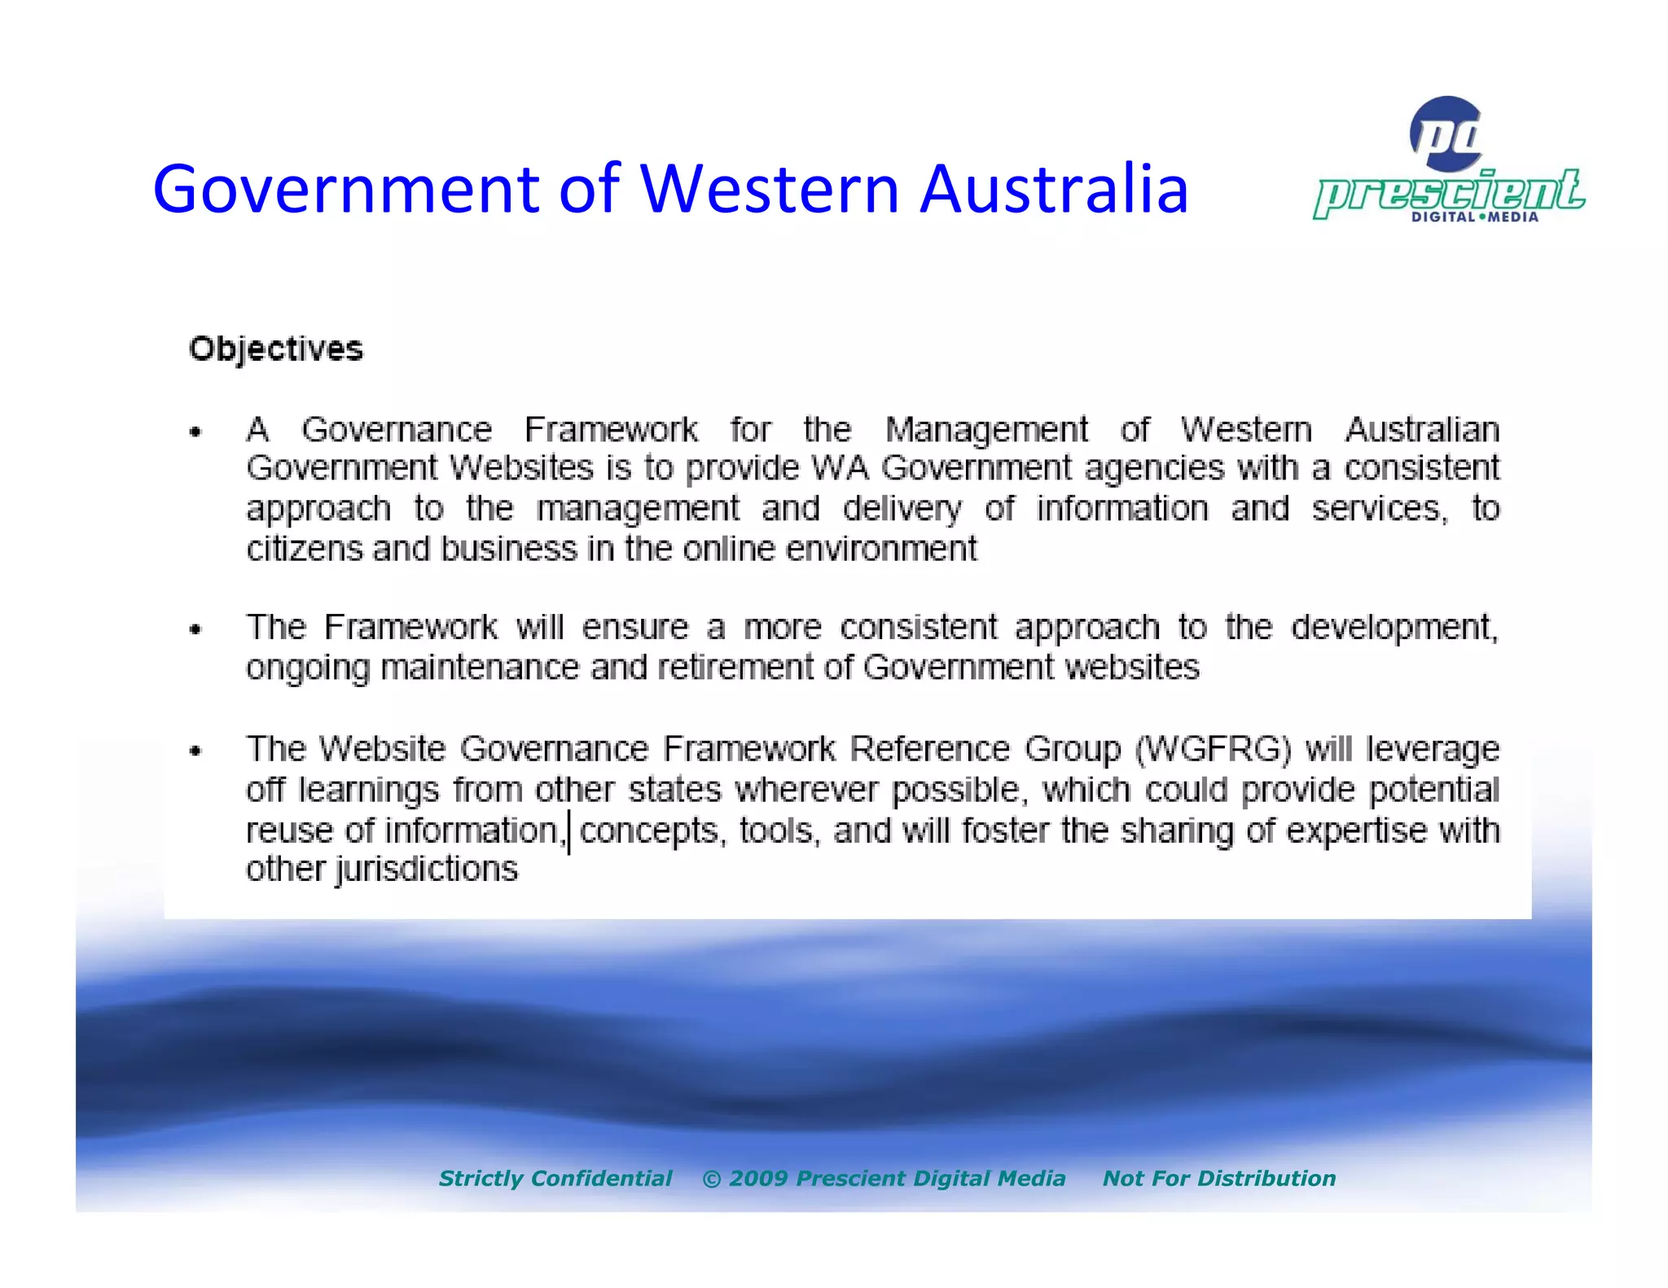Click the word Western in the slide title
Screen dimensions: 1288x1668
point(769,189)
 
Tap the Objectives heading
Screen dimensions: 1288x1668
point(276,349)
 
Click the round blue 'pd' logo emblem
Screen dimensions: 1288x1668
point(1446,134)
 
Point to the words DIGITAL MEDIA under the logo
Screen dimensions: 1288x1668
point(1474,217)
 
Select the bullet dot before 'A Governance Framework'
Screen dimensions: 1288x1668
point(195,432)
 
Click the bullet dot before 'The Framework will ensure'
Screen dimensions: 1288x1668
point(195,629)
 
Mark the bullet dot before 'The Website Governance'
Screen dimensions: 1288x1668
point(195,751)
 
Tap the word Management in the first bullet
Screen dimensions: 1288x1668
point(986,429)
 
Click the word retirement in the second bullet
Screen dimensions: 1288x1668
point(735,668)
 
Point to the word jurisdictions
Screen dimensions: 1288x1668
point(426,870)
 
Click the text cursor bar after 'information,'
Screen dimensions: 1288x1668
point(568,832)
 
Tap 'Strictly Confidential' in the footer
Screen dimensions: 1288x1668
point(555,1178)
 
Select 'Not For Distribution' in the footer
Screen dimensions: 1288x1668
point(1218,1178)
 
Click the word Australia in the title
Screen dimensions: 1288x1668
point(1054,189)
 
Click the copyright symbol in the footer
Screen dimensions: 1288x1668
point(711,1179)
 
